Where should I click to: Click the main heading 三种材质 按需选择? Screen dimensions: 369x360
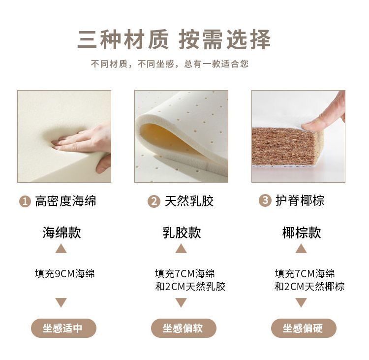coord(174,39)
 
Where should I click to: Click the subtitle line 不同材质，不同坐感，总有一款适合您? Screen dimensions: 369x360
coord(170,64)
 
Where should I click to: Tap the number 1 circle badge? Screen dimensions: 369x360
coord(25,201)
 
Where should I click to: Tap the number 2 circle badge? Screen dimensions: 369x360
coord(154,201)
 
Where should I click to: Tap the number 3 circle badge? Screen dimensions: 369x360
coord(265,200)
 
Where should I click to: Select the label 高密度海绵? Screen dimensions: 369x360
coord(65,201)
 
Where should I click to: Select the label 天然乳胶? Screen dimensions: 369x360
coord(189,201)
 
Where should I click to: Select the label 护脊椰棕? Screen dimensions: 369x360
coord(300,200)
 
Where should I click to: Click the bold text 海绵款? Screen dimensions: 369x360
coord(62,232)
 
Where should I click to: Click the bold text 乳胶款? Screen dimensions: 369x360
coord(182,232)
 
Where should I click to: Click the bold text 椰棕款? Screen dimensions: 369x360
coord(302,232)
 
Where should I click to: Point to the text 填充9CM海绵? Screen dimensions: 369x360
coord(65,274)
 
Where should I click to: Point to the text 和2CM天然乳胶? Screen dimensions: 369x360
coord(190,287)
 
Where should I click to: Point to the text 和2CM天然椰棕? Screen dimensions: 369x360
coord(309,287)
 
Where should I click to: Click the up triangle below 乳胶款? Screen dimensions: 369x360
coord(181,249)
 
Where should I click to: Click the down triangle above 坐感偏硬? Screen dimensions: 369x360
coord(301,302)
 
